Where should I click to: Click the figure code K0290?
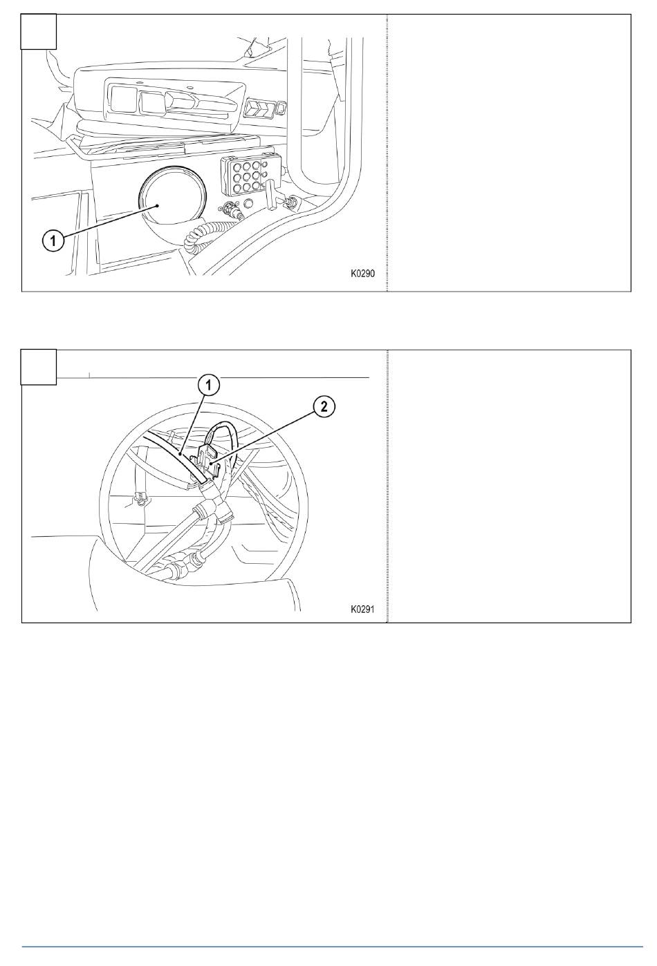click(x=362, y=274)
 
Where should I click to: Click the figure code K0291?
click(x=362, y=609)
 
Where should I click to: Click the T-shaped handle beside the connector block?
click(x=272, y=193)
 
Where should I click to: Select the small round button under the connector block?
click(x=249, y=202)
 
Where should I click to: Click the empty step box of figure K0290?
click(x=39, y=32)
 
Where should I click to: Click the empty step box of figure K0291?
click(x=39, y=366)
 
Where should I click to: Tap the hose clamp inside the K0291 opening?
click(x=140, y=500)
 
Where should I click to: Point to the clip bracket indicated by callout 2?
click(x=207, y=462)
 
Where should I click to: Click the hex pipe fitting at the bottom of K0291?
click(x=183, y=562)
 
